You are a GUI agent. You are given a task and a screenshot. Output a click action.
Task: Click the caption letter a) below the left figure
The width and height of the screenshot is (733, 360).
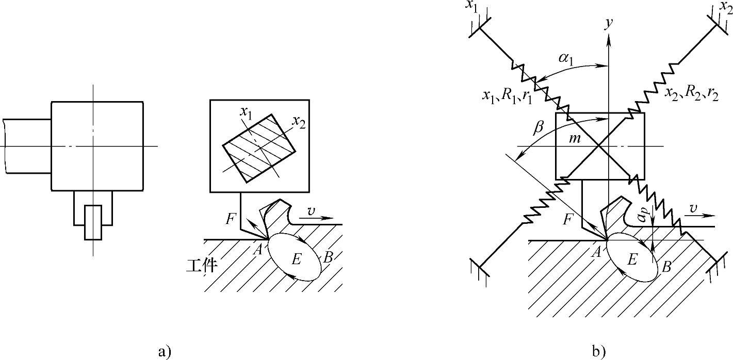pos(164,352)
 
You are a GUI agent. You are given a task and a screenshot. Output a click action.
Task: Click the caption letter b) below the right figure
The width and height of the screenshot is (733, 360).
pos(599,352)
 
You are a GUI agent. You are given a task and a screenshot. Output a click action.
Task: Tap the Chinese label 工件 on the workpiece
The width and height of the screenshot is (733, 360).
pos(201,266)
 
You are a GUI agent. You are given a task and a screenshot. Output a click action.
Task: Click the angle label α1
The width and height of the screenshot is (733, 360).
pos(567,57)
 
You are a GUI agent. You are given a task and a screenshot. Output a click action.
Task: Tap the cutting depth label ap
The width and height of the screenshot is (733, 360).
pos(642,216)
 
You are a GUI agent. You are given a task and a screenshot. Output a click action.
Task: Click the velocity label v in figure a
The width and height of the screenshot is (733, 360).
pos(311,211)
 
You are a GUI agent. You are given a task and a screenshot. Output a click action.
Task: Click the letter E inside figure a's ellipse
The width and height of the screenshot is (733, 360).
pos(296,259)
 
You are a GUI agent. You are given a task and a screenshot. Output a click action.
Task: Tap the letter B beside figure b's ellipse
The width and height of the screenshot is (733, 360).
pos(666,267)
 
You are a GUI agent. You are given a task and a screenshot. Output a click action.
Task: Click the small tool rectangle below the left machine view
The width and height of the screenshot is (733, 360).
pos(93,222)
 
